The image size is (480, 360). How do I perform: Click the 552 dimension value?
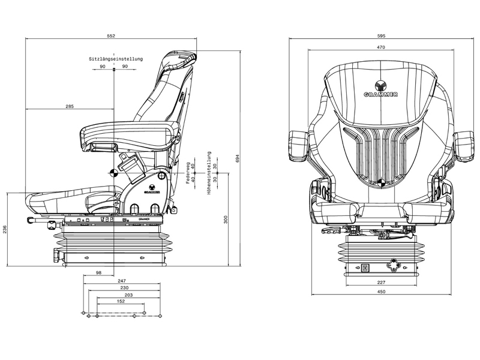[111, 36]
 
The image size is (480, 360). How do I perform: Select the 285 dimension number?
[70, 106]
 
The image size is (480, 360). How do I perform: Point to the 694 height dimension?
[237, 158]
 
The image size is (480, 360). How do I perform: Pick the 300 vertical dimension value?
[226, 220]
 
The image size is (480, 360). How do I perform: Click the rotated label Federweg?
[188, 172]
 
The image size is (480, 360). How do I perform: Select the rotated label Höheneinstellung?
[209, 172]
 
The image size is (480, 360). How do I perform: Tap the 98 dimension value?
[98, 273]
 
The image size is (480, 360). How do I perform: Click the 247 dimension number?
[121, 280]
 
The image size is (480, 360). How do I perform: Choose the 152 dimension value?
[121, 302]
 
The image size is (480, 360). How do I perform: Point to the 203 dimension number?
[128, 295]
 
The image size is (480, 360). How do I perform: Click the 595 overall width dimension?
[381, 36]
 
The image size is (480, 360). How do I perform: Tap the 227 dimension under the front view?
[381, 283]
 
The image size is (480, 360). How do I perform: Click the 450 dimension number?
[381, 292]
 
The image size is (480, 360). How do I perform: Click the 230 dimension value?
[124, 287]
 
